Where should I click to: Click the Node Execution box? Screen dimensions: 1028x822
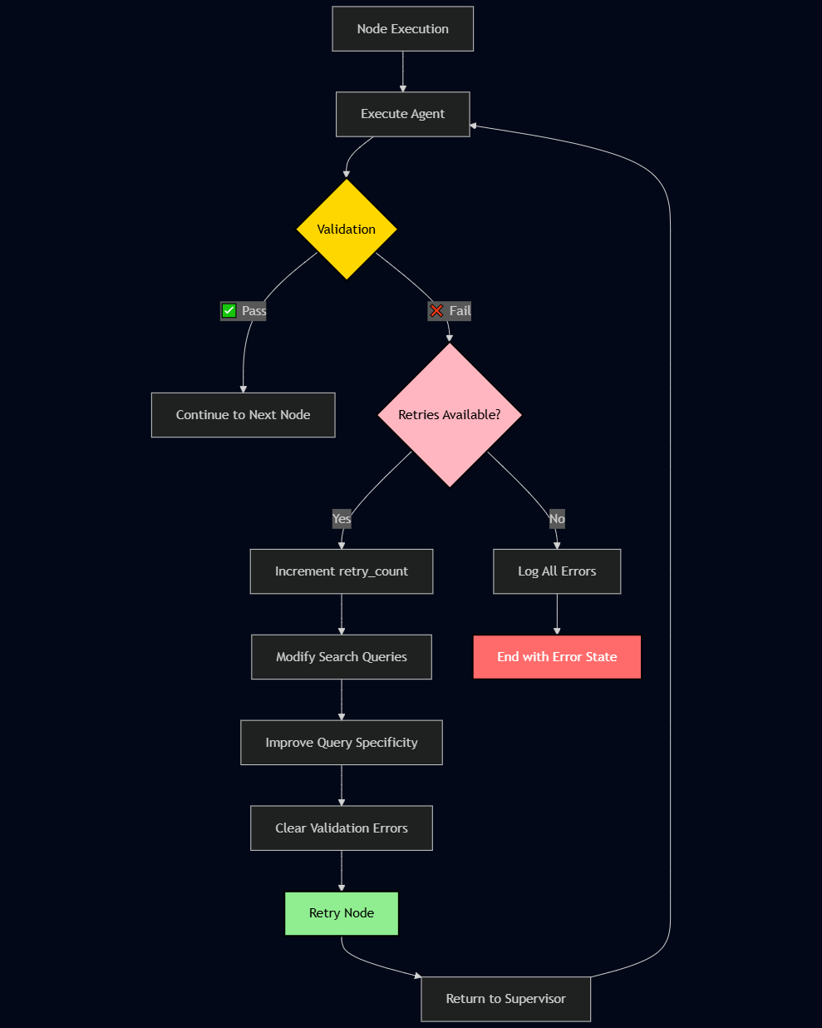[x=402, y=29]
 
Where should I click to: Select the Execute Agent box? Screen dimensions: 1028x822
[x=402, y=114]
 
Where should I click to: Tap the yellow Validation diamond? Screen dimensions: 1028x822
[x=347, y=230]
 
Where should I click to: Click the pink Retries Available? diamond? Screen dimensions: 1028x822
[x=450, y=415]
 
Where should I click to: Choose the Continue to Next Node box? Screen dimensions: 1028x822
[x=243, y=415]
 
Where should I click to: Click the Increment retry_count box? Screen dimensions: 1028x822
[x=342, y=571]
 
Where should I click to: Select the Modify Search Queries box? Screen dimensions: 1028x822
[x=342, y=657]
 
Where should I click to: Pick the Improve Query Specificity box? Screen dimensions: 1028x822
[x=342, y=743]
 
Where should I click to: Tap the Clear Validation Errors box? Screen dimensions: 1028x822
[x=342, y=828]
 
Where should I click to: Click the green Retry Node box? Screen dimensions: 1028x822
[x=342, y=913]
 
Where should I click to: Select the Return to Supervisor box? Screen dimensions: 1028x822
[x=505, y=999]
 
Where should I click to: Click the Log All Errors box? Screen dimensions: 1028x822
[x=557, y=571]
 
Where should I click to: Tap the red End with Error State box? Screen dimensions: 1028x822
[x=557, y=657]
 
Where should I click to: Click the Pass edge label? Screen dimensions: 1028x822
[x=253, y=311]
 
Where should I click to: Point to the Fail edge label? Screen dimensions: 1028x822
[x=460, y=311]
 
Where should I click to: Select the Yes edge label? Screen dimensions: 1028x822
[x=342, y=519]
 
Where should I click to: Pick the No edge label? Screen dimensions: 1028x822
[x=557, y=519]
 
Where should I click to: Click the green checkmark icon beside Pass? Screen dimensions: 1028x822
[x=229, y=311]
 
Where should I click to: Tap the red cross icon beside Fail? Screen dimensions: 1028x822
[x=436, y=311]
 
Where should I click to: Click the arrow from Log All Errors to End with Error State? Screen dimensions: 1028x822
[x=557, y=615]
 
